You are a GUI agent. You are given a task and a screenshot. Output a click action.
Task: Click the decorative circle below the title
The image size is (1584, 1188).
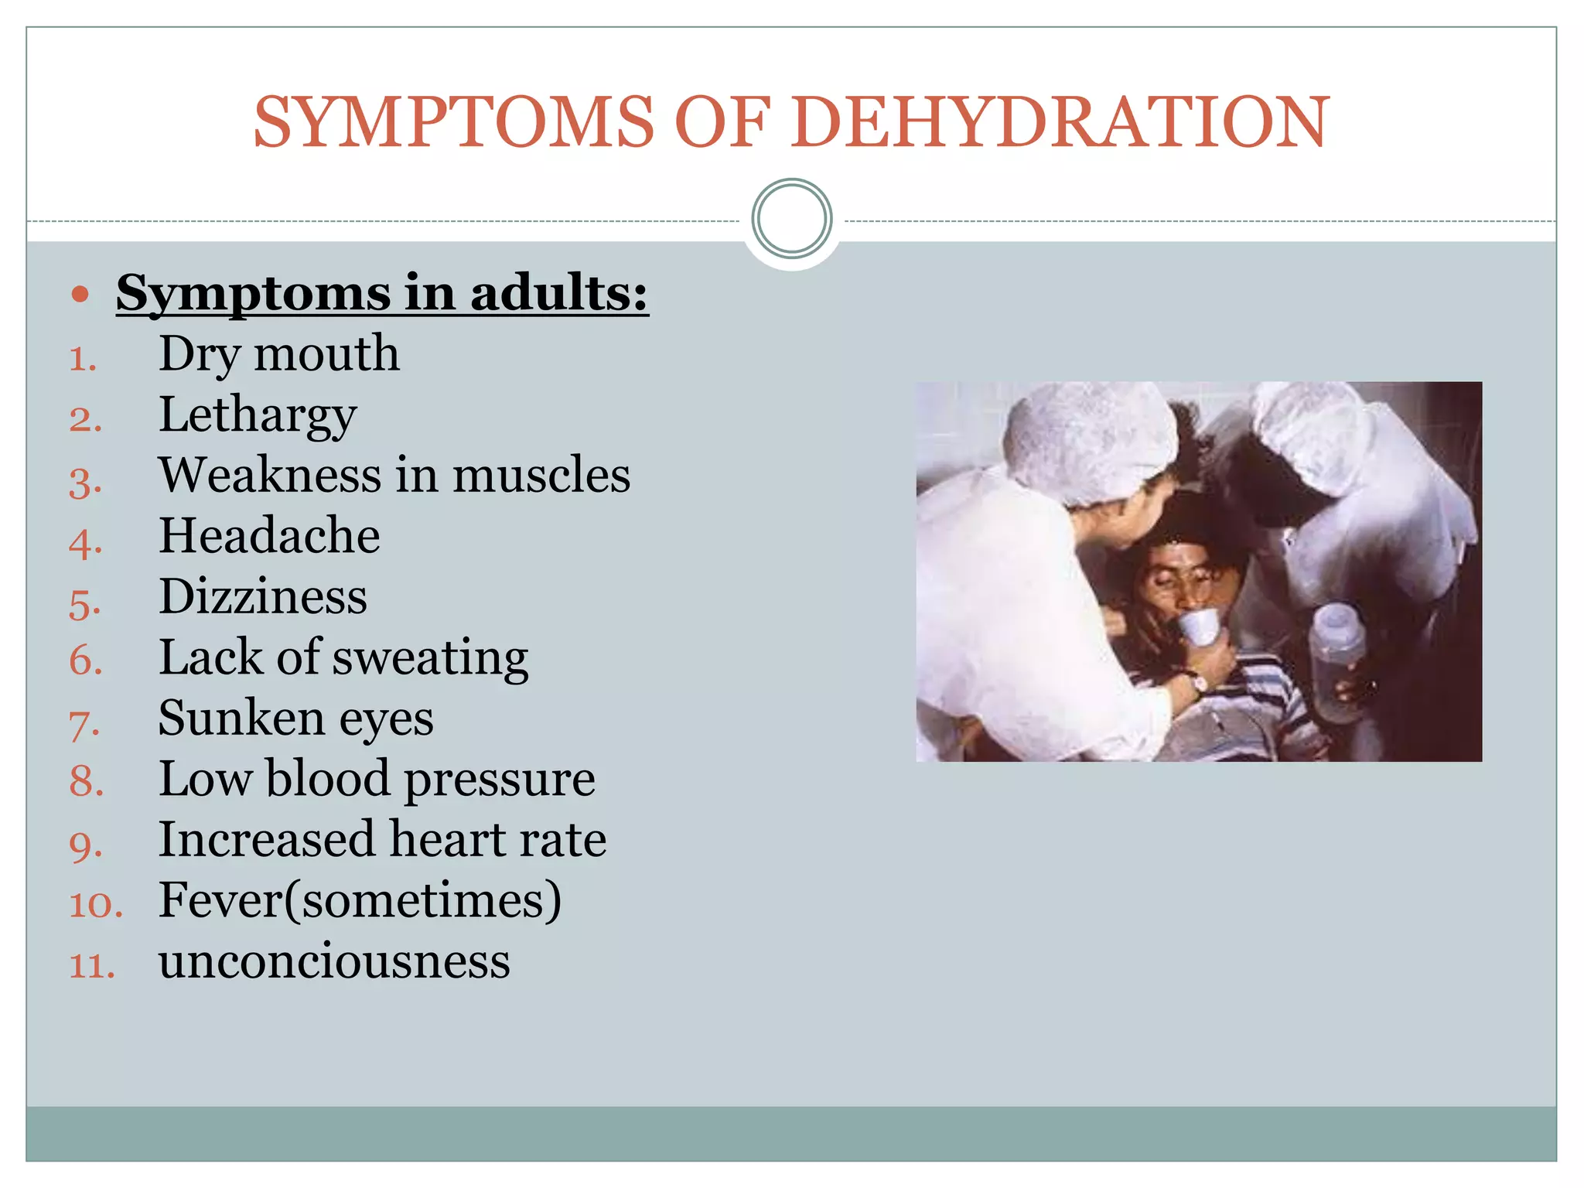[x=792, y=219]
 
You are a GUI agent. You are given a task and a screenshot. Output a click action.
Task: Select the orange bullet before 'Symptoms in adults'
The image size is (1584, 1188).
[x=80, y=294]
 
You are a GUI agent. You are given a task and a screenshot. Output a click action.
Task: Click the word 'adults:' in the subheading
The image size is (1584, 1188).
[x=558, y=294]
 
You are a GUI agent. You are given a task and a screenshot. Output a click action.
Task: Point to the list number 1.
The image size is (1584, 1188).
[x=82, y=359]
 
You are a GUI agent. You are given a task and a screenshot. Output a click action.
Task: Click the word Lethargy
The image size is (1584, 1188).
[x=258, y=415]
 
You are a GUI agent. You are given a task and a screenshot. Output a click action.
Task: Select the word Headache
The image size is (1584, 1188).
[x=269, y=535]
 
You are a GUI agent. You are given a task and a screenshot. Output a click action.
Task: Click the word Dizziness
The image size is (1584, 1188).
[x=263, y=596]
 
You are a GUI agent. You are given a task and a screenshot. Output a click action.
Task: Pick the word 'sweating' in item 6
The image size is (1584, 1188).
[x=431, y=658]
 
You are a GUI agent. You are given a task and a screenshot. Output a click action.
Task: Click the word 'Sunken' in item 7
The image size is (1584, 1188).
[x=241, y=718]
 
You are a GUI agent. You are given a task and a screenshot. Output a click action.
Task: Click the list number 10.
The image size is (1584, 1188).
[x=95, y=904]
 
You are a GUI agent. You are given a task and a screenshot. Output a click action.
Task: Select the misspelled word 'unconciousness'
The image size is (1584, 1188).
[x=334, y=961]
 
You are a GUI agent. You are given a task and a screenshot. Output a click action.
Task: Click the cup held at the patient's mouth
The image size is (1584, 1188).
[x=1196, y=625]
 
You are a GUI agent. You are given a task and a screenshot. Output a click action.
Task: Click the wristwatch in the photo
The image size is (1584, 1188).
[x=1200, y=683]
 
